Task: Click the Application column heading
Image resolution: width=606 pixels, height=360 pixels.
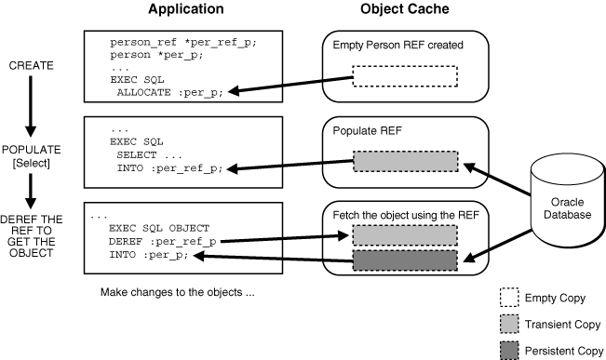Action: (x=185, y=9)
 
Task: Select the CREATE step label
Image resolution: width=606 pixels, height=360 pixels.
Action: (x=32, y=66)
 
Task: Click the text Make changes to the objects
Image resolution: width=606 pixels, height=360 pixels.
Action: (x=177, y=291)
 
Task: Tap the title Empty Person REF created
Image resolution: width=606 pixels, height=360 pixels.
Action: (x=397, y=46)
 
